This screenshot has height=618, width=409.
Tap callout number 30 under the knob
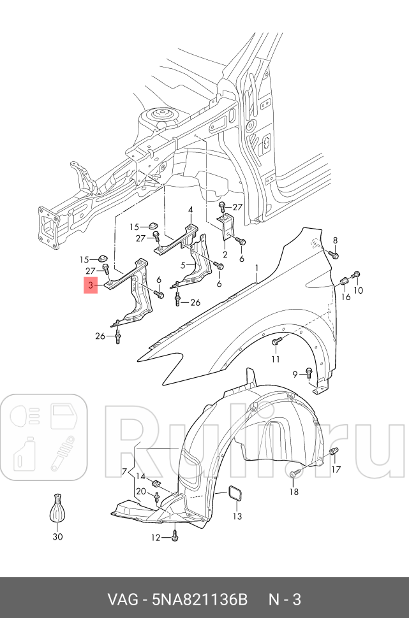tap(57, 536)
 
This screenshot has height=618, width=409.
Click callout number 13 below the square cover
tap(237, 516)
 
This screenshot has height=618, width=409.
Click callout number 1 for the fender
tap(257, 268)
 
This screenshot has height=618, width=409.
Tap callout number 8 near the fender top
tap(336, 240)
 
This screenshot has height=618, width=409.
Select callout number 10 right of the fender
tap(359, 291)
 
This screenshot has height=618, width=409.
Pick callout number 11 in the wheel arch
tap(275, 359)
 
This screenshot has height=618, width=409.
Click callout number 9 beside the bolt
tap(295, 374)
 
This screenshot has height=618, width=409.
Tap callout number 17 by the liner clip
tap(336, 470)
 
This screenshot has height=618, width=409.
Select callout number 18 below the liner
tap(294, 491)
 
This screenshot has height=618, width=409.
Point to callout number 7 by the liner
tap(125, 471)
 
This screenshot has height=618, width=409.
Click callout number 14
tap(140, 477)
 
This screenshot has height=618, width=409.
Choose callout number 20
tap(140, 491)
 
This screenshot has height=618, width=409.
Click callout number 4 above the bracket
tap(190, 210)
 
